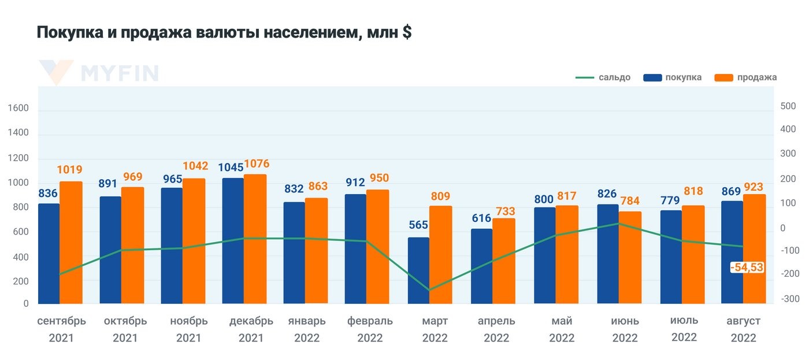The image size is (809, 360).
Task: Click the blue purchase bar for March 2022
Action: (418, 270)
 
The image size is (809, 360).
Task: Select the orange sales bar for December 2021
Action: (255, 239)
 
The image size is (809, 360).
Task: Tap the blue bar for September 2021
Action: (49, 253)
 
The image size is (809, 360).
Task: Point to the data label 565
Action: (418, 225)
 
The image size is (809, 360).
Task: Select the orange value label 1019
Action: (69, 170)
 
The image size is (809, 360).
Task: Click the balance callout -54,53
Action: (747, 267)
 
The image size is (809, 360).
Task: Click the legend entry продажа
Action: (756, 77)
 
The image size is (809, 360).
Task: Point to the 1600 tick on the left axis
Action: (18, 108)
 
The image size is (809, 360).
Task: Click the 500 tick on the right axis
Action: (788, 106)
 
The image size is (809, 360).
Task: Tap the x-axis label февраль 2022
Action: (370, 329)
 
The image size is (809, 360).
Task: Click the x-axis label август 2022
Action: (743, 329)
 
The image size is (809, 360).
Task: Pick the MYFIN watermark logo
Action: (98, 73)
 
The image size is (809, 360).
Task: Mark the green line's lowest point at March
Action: (429, 290)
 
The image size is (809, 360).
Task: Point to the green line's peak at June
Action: (619, 223)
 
